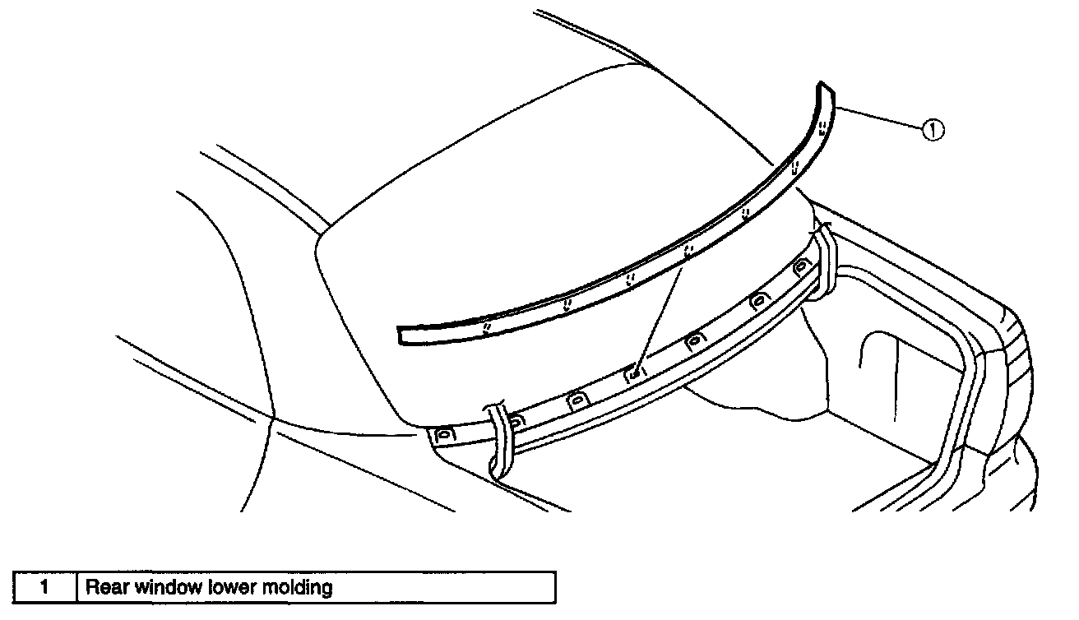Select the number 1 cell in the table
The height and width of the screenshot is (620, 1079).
pos(45,587)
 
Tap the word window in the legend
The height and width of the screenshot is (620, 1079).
pos(158,587)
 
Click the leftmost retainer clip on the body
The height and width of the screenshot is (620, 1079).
pos(445,433)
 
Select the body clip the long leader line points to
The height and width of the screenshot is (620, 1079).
pos(634,373)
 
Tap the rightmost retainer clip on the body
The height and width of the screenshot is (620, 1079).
pos(800,266)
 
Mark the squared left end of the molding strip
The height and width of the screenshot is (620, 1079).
pos(401,333)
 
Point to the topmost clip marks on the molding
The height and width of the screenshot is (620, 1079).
pos(822,127)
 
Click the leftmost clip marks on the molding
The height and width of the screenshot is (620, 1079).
pos(487,327)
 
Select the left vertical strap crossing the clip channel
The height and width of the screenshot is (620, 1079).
pos(498,440)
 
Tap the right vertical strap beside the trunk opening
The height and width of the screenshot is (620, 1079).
pos(823,263)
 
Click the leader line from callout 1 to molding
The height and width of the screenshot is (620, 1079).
pos(878,118)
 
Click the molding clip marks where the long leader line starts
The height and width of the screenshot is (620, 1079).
pos(688,248)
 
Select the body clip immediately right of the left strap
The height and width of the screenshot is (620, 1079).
pos(514,422)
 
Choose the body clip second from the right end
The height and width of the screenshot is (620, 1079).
pos(759,300)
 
